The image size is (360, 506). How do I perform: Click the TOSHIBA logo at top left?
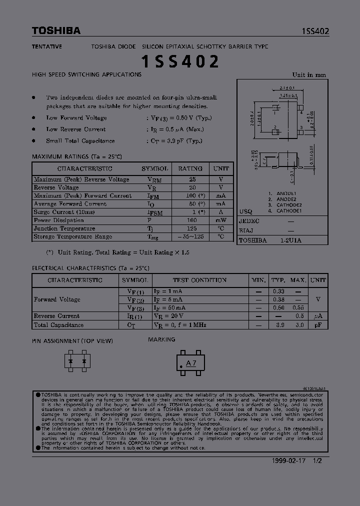[56, 31]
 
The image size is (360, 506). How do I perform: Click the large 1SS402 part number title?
[180, 62]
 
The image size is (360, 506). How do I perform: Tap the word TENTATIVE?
[47, 46]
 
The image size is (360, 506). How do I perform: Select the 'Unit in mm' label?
[309, 75]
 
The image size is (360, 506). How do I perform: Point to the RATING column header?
[190, 169]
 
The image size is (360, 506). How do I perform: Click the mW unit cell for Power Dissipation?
[221, 220]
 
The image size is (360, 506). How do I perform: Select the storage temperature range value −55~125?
[190, 236]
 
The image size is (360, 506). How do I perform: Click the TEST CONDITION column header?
[199, 280]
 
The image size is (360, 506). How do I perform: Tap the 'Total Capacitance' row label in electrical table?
[58, 325]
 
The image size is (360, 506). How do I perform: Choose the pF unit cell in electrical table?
[317, 325]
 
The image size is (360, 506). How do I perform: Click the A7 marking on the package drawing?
[191, 363]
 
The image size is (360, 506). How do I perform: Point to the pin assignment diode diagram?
[77, 360]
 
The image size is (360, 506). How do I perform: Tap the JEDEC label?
[249, 220]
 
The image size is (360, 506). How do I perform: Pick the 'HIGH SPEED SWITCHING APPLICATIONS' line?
[86, 74]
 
